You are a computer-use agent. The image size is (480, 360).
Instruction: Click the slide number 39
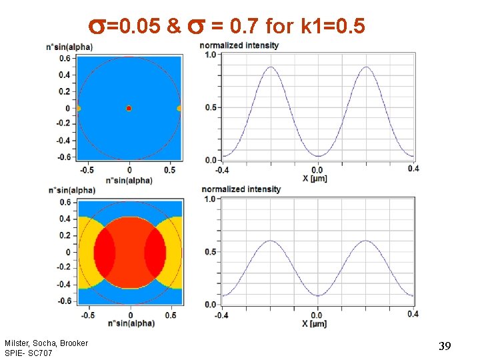click(445, 346)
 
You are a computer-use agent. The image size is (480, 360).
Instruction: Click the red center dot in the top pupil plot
click(129, 108)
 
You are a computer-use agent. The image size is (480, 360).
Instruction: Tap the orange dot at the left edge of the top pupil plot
click(79, 108)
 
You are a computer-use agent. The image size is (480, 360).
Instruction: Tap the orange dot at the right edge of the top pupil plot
click(179, 108)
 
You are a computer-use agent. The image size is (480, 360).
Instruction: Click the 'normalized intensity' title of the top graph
click(239, 45)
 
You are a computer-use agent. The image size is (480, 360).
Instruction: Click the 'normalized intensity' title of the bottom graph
click(241, 189)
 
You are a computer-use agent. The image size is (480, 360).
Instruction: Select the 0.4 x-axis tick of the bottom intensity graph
click(413, 314)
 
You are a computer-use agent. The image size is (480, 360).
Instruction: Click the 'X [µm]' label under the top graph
click(315, 179)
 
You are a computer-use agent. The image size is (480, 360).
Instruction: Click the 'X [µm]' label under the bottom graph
click(315, 323)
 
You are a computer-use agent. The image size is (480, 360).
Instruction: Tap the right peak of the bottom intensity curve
click(366, 241)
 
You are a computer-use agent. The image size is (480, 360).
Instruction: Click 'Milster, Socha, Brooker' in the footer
click(46, 343)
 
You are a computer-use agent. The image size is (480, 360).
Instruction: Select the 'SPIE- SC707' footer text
click(28, 353)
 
